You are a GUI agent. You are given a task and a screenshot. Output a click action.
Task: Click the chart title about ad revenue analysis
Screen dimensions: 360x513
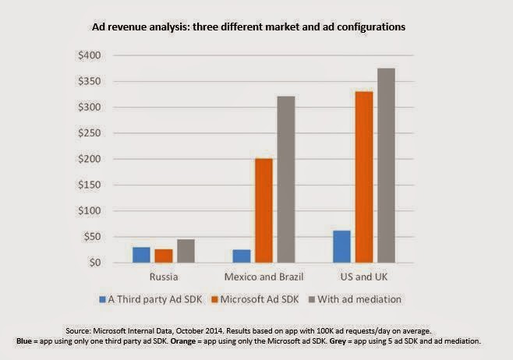[x=256, y=27]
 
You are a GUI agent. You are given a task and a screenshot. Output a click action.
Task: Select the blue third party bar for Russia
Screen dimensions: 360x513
[x=141, y=255]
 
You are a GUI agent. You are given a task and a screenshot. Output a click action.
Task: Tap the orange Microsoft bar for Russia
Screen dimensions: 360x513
[x=164, y=256]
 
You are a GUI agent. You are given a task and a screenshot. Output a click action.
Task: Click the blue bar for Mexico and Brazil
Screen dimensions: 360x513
[x=242, y=256]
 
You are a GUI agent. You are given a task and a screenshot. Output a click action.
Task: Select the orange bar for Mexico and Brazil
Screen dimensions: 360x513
[x=264, y=210]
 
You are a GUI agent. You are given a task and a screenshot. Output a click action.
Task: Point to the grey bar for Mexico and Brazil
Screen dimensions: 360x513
[x=287, y=179]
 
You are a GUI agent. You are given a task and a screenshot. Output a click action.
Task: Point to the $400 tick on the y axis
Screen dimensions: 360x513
[x=89, y=56]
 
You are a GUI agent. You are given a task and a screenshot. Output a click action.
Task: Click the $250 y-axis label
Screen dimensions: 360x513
[x=89, y=133]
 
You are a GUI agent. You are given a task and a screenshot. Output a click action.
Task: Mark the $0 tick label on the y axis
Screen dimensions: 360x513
[x=94, y=263]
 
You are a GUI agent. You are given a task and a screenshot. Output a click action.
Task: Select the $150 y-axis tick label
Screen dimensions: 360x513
[x=89, y=185]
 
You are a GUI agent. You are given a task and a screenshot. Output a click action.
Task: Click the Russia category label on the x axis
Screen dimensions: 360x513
[x=164, y=277]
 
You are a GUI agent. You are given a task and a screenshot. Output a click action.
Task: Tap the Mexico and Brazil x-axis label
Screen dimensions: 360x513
[x=264, y=277]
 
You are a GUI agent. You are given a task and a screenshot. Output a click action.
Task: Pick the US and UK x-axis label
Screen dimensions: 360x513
[x=365, y=277]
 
